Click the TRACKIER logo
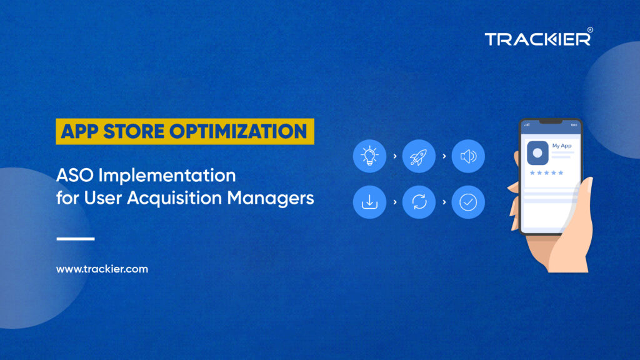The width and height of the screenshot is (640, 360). click(538, 39)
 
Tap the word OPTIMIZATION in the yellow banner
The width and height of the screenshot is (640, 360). click(238, 131)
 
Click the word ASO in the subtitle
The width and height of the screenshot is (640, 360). click(75, 176)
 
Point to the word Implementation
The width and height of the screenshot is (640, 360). click(167, 176)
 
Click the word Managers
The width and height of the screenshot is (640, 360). click(270, 198)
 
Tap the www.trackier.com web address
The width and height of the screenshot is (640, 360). click(102, 269)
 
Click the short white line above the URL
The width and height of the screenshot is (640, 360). click(76, 239)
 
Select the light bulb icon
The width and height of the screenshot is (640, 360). click(369, 156)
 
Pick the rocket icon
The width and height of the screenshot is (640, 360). click(419, 156)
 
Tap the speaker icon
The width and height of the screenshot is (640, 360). click(468, 156)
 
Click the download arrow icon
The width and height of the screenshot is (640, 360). click(369, 202)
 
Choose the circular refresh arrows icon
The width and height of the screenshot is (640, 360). click(419, 202)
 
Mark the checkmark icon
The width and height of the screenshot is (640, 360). click(468, 202)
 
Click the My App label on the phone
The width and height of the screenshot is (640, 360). click(562, 146)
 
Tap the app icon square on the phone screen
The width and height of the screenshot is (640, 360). click(537, 152)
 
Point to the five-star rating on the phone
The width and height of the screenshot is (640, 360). click(546, 172)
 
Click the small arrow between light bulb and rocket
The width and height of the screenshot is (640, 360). click(395, 156)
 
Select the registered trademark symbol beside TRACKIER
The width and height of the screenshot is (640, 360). click(590, 30)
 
